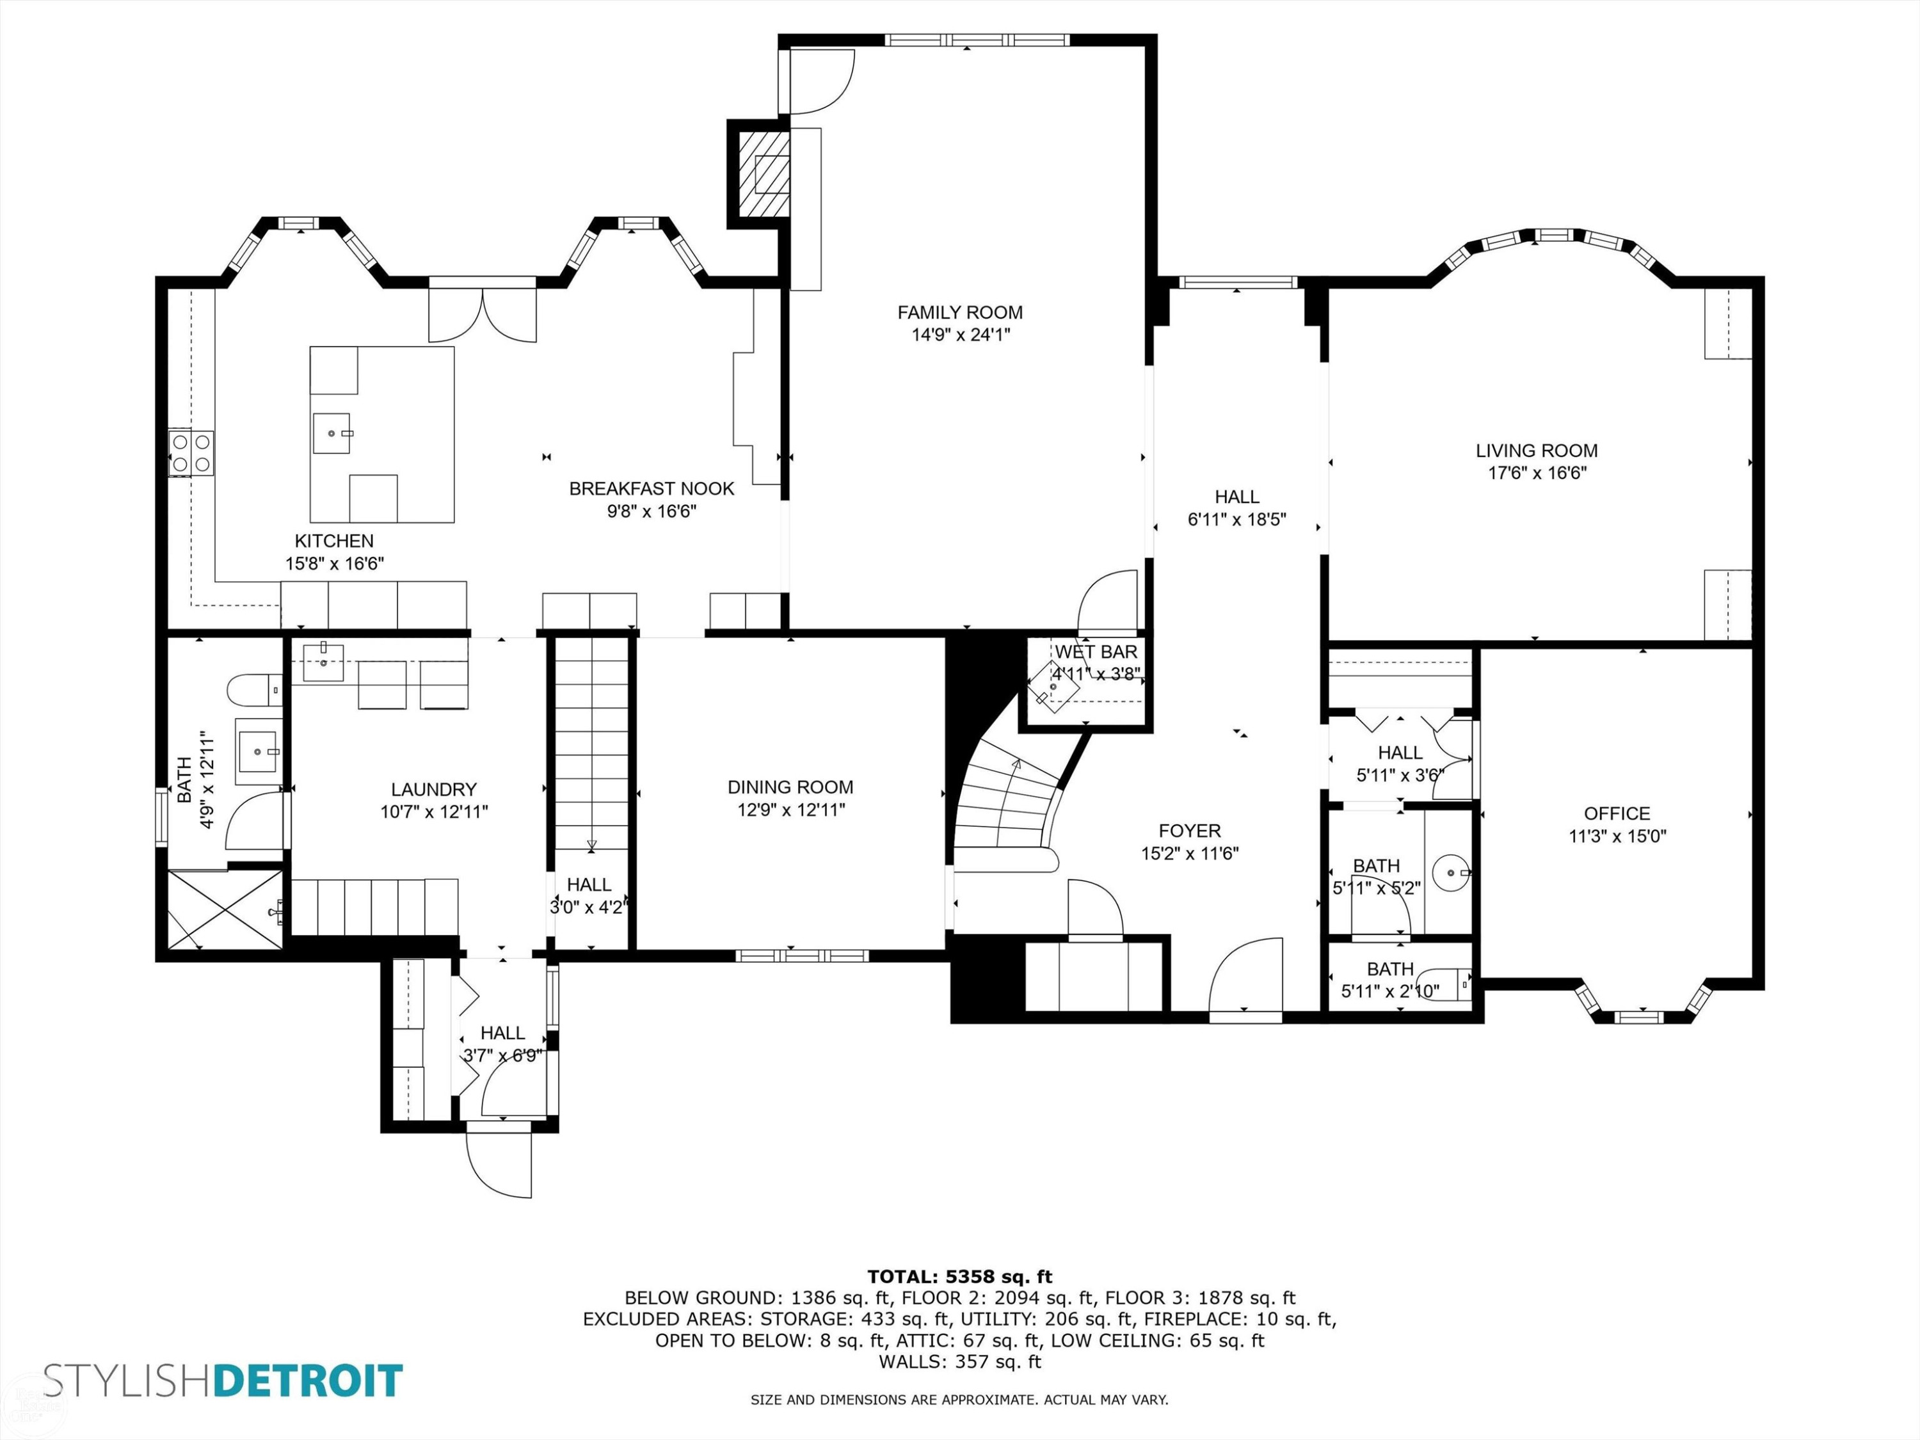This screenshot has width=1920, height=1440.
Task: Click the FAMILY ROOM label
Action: (960, 312)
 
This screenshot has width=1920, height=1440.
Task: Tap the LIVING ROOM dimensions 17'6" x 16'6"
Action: (1537, 473)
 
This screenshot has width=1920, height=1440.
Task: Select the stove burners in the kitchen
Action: (191, 453)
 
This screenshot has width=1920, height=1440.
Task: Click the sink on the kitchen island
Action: (332, 433)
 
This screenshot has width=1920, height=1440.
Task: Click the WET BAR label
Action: (1096, 652)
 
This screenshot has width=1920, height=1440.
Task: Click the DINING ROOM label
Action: (790, 787)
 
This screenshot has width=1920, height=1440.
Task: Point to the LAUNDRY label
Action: (434, 789)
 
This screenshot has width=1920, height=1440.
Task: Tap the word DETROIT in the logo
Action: (309, 1381)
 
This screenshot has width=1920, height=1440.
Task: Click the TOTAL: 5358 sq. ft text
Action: (959, 1277)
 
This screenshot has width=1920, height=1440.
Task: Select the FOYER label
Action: (1189, 831)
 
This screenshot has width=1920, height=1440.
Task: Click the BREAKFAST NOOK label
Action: (652, 489)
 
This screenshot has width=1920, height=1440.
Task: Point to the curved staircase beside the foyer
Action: (1007, 807)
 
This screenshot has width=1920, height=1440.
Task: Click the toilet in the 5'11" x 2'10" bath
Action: (1454, 984)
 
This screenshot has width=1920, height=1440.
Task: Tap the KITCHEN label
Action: (334, 541)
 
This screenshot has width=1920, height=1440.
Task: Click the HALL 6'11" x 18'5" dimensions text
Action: (1237, 520)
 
